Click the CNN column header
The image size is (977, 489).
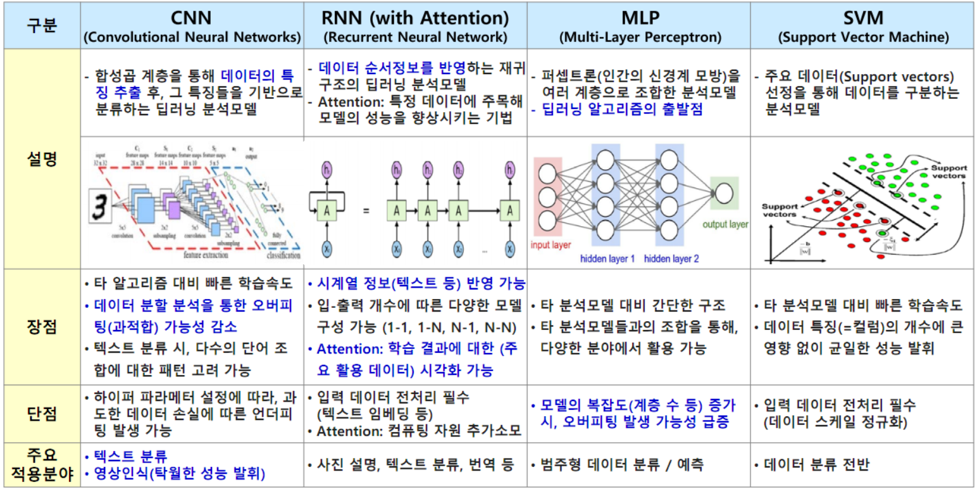tap(192, 26)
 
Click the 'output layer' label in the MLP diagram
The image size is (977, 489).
tap(725, 224)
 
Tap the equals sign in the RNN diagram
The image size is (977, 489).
tap(365, 209)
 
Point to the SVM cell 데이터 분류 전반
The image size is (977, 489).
tap(816, 466)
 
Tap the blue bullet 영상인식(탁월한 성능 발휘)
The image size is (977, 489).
tap(178, 473)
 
